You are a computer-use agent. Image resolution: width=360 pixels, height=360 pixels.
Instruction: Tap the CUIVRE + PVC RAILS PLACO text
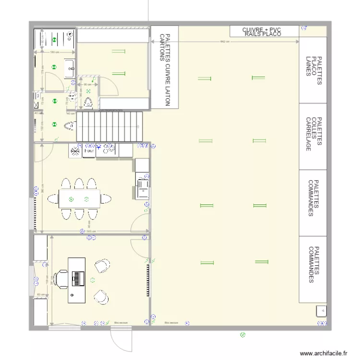click(262, 32)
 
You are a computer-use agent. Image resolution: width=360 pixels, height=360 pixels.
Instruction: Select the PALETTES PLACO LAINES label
click(313, 70)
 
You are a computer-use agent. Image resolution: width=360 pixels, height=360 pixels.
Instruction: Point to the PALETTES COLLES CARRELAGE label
click(313, 136)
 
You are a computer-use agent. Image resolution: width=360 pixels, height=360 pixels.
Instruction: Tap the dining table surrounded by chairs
click(80, 198)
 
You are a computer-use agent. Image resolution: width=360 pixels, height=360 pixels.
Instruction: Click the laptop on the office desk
click(77, 278)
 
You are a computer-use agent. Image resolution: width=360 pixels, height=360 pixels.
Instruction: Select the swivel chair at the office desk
click(61, 278)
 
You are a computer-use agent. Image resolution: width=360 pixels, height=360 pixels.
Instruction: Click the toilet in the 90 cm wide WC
click(88, 102)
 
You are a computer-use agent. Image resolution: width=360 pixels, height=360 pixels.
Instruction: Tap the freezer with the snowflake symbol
click(75, 151)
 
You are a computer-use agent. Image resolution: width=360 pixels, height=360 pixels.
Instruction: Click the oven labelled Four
click(89, 151)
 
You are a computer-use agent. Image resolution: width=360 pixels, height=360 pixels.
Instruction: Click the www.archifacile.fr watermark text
click(323, 353)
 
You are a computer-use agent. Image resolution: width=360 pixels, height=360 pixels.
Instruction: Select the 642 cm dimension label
click(225, 41)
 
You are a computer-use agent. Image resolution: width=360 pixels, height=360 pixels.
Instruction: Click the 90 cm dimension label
click(88, 84)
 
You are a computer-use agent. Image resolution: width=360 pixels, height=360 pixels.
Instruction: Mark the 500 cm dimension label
click(90, 232)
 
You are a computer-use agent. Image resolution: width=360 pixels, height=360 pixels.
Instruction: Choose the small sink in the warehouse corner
click(320, 311)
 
